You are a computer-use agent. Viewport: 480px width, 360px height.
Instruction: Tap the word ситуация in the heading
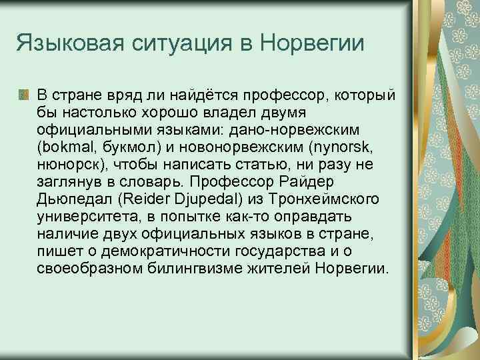[182, 45]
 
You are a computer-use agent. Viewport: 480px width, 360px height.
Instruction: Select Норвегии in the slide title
[313, 45]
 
